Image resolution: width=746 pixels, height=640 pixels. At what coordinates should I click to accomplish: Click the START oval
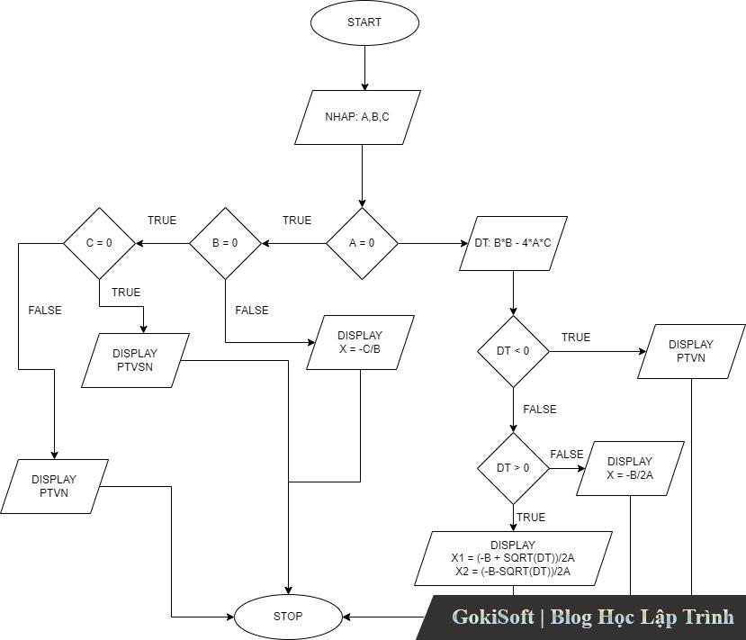364,23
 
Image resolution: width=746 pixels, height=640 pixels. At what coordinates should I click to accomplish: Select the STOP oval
288,617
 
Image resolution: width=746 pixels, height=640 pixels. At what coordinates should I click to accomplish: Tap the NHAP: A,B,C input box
358,117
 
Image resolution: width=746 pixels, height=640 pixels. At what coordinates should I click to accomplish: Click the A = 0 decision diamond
361,243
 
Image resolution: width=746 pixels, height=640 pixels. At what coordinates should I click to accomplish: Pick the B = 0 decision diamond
225,243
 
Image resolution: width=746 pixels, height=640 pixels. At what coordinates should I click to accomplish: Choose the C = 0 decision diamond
99,243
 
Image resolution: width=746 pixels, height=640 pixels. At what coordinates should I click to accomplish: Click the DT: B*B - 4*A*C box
514,243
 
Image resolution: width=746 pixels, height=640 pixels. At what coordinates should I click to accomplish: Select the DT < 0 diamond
513,351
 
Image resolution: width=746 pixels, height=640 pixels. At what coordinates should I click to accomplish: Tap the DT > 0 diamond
513,468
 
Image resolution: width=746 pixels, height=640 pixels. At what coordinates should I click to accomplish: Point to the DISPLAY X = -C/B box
360,342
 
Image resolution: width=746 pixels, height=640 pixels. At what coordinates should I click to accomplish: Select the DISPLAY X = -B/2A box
630,468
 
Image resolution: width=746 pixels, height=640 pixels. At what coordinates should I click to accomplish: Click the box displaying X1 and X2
513,558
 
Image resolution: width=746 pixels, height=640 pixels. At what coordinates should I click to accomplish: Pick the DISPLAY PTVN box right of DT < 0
691,351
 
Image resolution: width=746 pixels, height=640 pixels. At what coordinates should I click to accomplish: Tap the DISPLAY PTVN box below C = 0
54,486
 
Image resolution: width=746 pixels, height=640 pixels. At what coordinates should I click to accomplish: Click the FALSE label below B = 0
252,311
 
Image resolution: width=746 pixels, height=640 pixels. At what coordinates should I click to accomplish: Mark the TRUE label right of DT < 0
576,338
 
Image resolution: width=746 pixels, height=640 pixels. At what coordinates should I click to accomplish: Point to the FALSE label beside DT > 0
567,455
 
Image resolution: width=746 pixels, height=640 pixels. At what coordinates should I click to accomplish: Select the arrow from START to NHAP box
365,68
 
